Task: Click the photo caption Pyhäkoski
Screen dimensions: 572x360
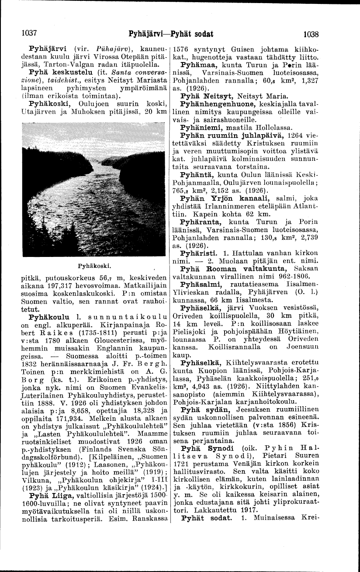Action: (90, 265)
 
